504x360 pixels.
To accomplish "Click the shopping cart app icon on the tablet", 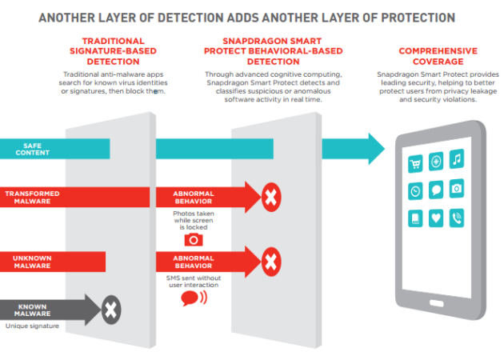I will point(415,163).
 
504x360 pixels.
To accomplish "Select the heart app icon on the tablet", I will point(436,217).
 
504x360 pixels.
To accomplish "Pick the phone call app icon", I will point(456,217).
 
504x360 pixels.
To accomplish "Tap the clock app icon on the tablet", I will point(415,190).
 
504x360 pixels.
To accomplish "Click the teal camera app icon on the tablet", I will point(456,190).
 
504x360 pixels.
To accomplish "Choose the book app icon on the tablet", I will point(415,217).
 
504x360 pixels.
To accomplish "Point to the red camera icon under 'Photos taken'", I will point(192,238).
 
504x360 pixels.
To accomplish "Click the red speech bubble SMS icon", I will point(190,298).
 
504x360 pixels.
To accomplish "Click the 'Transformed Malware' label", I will point(32,198).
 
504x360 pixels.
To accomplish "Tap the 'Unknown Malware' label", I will point(32,261).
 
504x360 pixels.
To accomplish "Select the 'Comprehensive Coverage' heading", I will point(438,55).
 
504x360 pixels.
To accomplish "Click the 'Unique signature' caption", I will point(32,326).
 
